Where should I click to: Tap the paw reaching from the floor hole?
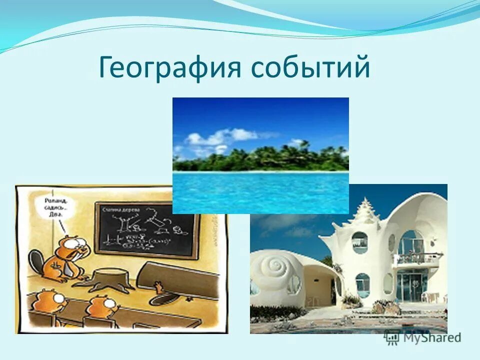point(158,287)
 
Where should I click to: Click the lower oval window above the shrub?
point(362,284)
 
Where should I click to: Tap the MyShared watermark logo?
point(422,337)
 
